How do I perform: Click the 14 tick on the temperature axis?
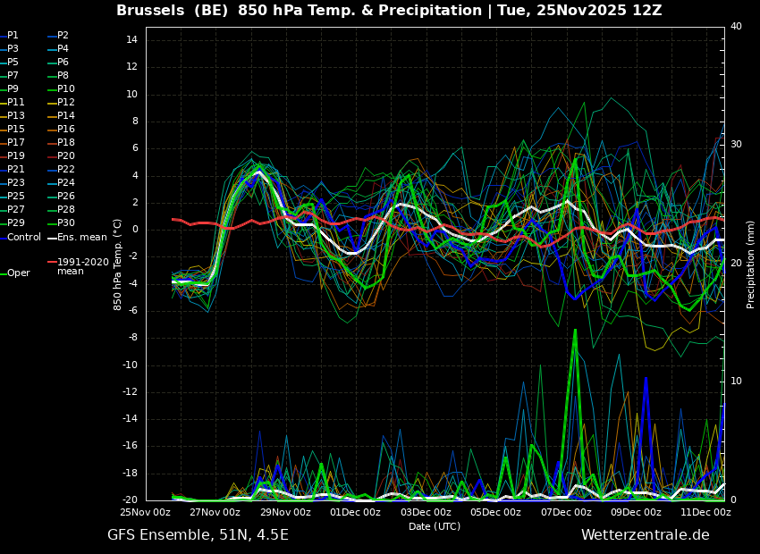tap(131, 39)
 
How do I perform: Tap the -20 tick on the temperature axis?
tap(130, 499)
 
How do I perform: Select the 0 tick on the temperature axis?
tap(135, 230)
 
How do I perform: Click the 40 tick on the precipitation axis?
tap(736, 26)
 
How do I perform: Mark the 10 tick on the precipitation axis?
tap(736, 381)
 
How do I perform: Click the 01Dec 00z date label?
tap(356, 512)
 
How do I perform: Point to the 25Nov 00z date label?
tap(146, 512)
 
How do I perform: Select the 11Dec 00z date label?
tap(706, 512)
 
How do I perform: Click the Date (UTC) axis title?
tap(435, 526)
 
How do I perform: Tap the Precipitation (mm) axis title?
tap(750, 264)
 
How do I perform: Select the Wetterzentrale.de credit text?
tap(646, 534)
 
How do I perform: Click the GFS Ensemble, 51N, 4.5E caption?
tap(198, 535)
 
